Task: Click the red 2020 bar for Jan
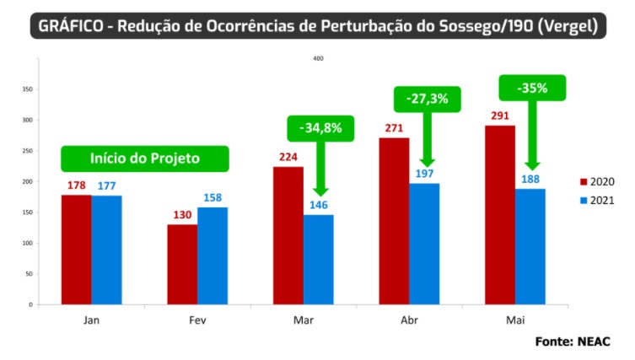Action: point(76,249)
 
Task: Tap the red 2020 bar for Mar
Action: point(288,235)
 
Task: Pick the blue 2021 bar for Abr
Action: point(424,244)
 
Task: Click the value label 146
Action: point(319,206)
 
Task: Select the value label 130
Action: point(182,215)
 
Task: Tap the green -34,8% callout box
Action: point(320,128)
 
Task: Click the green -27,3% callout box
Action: point(426,99)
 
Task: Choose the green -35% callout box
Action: point(532,87)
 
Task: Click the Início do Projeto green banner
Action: point(144,159)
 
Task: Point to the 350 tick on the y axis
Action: point(28,89)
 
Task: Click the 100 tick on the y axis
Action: point(28,243)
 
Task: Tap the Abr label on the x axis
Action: point(409,320)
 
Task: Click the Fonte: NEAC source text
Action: point(572,341)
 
